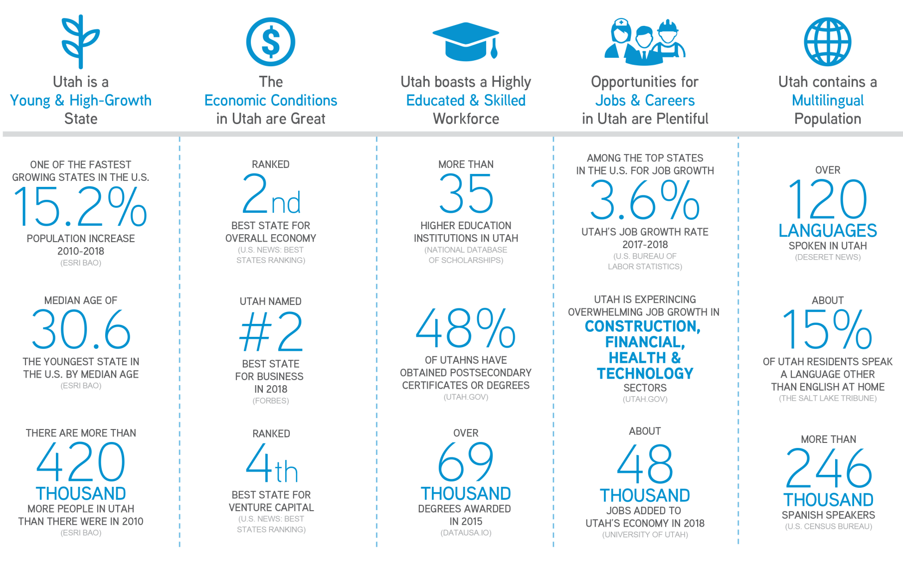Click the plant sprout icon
tap(80, 42)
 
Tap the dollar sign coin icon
tap(271, 42)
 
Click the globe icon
tap(828, 42)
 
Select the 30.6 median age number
tap(81, 329)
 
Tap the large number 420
tap(81, 462)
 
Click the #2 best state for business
tap(271, 331)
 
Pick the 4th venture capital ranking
tap(272, 463)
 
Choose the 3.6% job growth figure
tap(645, 200)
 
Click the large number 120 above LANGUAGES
tap(828, 199)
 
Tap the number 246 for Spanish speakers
tap(828, 468)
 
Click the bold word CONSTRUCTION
tap(643, 326)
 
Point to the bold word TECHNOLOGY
tap(645, 374)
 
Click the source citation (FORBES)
tap(271, 401)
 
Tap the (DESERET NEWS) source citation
tap(828, 257)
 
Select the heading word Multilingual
tap(828, 101)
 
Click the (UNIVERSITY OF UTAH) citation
tap(645, 535)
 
